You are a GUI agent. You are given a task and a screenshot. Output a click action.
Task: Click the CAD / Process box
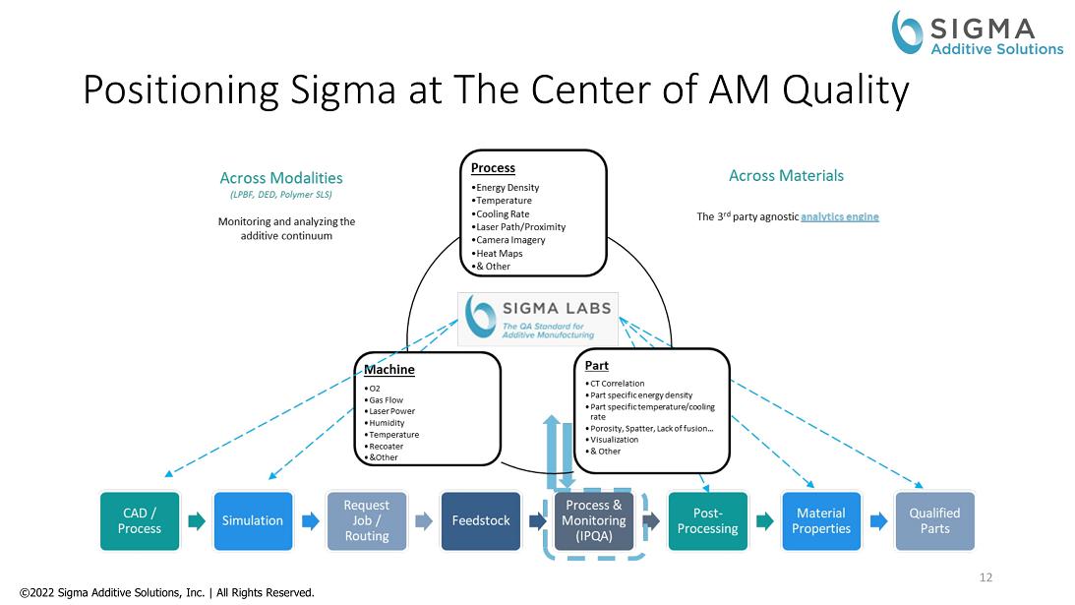140,521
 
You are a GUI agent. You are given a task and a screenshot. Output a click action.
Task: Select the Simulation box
253,521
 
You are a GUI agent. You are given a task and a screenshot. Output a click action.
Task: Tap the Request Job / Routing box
367,521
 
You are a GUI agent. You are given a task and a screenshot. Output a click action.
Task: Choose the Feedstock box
481,521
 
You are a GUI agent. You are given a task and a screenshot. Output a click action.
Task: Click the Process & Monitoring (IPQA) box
594,521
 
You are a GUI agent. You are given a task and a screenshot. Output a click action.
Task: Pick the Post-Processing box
707,521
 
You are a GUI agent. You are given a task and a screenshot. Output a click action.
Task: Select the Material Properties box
821,521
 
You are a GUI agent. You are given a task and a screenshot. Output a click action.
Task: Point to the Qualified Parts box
934,521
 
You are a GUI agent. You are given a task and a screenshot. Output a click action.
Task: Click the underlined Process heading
493,168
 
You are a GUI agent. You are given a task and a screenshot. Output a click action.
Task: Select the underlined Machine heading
389,370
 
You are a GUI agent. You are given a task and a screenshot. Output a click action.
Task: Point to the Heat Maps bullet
498,254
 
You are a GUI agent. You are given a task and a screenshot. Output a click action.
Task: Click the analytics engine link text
840,216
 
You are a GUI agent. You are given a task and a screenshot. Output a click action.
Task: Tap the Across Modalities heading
281,178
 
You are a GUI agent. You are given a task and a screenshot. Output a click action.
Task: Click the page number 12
985,577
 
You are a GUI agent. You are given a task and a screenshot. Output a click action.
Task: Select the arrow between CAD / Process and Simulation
197,521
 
